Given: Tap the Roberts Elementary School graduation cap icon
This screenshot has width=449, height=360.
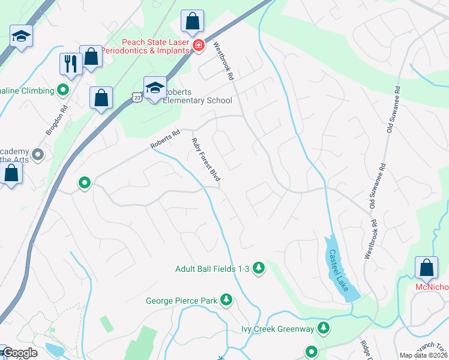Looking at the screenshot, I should (x=155, y=88).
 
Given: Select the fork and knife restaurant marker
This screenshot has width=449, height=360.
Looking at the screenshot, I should (x=71, y=64).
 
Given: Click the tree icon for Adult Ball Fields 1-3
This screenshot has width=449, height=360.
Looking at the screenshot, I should (x=259, y=268).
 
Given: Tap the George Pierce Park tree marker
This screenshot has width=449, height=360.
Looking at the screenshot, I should (x=226, y=299).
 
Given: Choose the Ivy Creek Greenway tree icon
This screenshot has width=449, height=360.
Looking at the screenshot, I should (x=324, y=328).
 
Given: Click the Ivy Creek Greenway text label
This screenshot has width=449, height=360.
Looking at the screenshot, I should (x=277, y=329).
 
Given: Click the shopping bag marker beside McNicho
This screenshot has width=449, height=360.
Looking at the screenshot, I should (x=426, y=268).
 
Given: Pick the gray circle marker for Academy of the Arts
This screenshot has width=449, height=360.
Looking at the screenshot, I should (x=38, y=155).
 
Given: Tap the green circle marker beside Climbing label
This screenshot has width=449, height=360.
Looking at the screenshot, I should (x=63, y=91).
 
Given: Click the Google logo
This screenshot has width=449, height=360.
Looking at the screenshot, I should (x=19, y=353).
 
